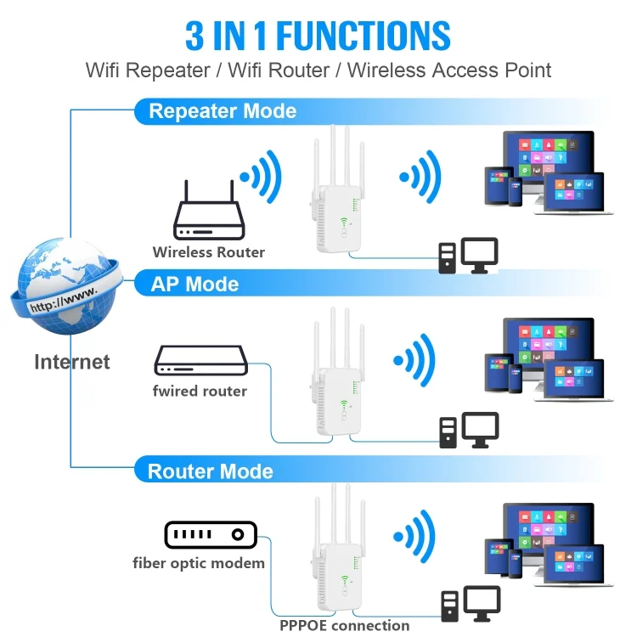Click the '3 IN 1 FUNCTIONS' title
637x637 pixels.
coord(318,35)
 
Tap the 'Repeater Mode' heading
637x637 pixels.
coord(223,111)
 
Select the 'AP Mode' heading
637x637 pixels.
coord(194,284)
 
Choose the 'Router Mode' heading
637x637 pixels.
coord(211,471)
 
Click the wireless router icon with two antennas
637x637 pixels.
coord(210,217)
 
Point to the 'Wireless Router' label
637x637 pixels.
coord(209,252)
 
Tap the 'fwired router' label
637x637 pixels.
coord(200,391)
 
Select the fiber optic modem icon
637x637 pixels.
coord(210,535)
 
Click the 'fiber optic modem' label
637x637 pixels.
coord(199,563)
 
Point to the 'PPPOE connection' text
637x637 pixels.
coord(345,626)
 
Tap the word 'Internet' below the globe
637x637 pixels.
coord(72,362)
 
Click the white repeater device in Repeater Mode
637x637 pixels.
coord(336,204)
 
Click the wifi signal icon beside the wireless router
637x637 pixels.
coord(260,178)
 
